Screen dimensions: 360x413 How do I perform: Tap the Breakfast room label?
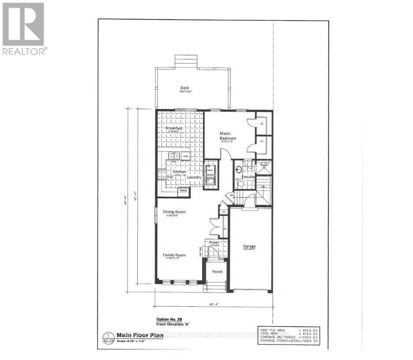[x=174, y=128]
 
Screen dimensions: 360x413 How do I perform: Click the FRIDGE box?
[x=183, y=190]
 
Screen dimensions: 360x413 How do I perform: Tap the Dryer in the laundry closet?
[x=210, y=169]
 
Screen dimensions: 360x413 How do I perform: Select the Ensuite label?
[x=248, y=177]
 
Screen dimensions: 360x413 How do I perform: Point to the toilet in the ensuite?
[x=241, y=184]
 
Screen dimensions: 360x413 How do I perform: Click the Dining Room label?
[x=174, y=212]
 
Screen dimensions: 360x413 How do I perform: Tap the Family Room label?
[x=174, y=255]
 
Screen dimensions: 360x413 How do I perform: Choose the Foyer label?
[x=214, y=242]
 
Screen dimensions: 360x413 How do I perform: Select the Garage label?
[x=249, y=246]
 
